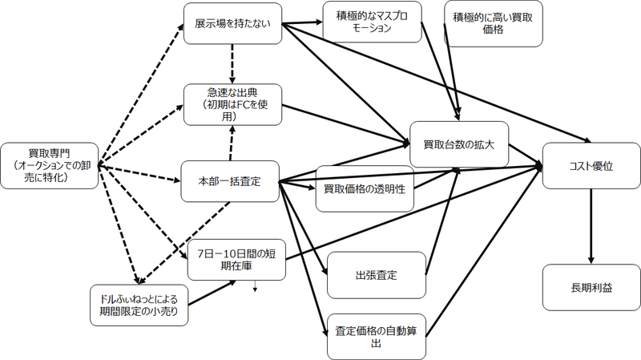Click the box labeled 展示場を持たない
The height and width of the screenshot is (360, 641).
pyautogui.click(x=232, y=24)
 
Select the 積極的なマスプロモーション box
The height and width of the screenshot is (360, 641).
pyautogui.click(x=372, y=22)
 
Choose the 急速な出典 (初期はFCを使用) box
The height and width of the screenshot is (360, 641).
pyautogui.click(x=232, y=104)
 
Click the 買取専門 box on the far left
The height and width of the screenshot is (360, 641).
pyautogui.click(x=50, y=165)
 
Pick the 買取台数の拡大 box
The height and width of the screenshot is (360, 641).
pyautogui.click(x=459, y=144)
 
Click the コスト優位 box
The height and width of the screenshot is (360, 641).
pyautogui.click(x=591, y=167)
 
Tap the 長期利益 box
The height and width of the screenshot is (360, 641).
pyautogui.click(x=591, y=285)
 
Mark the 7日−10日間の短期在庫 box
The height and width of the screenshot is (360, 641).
pyautogui.click(x=236, y=259)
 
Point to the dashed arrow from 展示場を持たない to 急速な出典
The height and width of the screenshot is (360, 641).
pyautogui.click(x=232, y=64)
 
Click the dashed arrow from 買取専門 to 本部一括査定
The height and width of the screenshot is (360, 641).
pyautogui.click(x=140, y=173)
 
